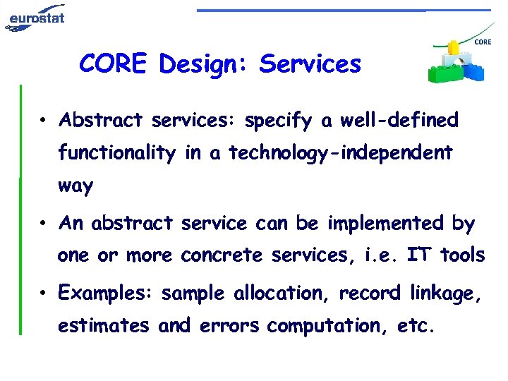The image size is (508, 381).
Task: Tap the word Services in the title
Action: (310, 64)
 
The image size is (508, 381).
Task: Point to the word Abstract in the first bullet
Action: (102, 120)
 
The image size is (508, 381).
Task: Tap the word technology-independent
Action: (340, 153)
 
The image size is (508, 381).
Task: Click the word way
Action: (75, 186)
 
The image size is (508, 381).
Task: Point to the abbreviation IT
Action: (418, 255)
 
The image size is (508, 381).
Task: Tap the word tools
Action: (462, 255)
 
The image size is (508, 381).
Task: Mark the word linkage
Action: (447, 293)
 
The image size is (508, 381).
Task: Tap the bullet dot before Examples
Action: (44, 293)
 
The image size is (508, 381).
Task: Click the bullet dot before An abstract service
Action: (44, 224)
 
